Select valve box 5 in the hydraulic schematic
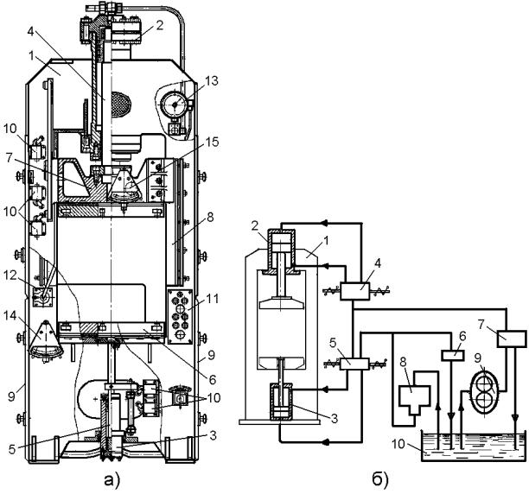[355, 364]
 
